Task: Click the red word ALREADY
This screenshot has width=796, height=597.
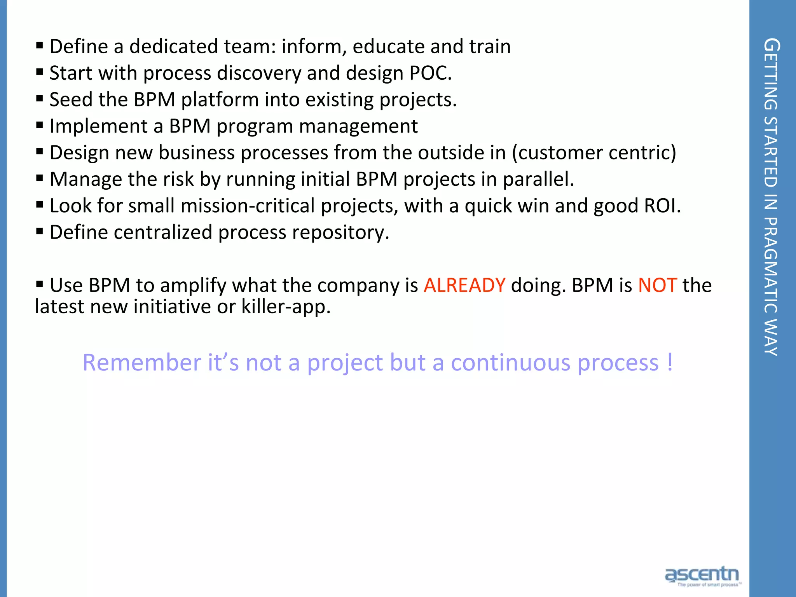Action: (464, 285)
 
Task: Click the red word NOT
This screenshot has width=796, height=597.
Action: (657, 285)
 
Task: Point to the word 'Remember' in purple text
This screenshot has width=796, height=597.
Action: (142, 363)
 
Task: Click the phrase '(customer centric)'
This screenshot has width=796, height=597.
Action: (594, 153)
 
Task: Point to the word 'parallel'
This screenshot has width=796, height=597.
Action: (538, 179)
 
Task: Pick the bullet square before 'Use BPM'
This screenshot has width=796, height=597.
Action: (40, 284)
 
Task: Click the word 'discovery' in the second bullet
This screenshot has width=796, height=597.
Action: (259, 73)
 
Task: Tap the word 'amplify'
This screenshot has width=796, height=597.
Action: (193, 286)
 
